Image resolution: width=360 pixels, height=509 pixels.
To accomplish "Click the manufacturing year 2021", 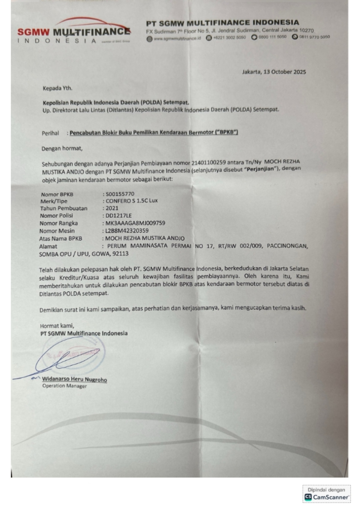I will (112, 208).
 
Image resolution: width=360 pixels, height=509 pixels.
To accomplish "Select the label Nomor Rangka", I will (58, 223).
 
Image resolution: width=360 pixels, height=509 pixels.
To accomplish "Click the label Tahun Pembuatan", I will (64, 208).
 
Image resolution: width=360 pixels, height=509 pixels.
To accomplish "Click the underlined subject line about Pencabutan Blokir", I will (154, 132).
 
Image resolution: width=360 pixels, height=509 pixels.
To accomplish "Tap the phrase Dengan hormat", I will (62, 148).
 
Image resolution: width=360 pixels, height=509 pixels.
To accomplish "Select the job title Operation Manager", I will (64, 386).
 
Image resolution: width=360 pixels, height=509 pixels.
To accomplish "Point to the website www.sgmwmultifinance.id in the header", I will (177, 38).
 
